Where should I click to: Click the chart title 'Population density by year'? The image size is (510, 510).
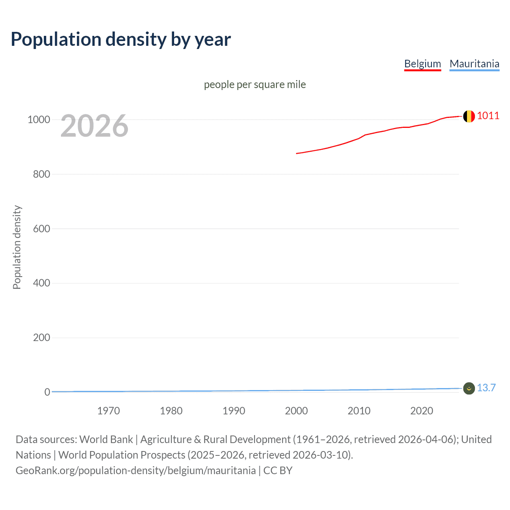pos(121,39)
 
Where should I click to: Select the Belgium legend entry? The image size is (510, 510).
pos(422,64)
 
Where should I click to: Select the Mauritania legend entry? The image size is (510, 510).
pos(474,64)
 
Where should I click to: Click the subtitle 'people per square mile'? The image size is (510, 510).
pos(255,84)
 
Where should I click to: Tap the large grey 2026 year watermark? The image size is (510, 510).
pos(94,126)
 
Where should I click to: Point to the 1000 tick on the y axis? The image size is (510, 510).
pos(39,120)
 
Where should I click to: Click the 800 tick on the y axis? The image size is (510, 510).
pos(41,174)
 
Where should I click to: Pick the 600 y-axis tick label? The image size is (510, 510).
pos(41,229)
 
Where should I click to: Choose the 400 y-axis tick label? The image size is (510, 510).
pos(41,283)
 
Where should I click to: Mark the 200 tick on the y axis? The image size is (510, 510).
pos(41,338)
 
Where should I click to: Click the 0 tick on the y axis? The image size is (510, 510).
pos(47,392)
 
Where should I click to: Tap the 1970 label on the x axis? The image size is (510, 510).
pos(108,411)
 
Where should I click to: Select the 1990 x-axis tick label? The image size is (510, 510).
pos(234,411)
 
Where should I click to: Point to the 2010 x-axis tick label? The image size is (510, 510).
pos(359,411)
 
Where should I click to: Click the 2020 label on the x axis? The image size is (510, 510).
pos(422,411)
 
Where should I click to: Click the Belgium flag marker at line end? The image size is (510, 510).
pos(469,116)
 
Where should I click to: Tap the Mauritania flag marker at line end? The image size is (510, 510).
pos(469,388)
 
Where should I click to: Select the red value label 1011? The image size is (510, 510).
pos(488,116)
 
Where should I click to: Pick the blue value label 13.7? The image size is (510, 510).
pos(486,388)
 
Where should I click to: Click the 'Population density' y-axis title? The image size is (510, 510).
pos(17,247)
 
